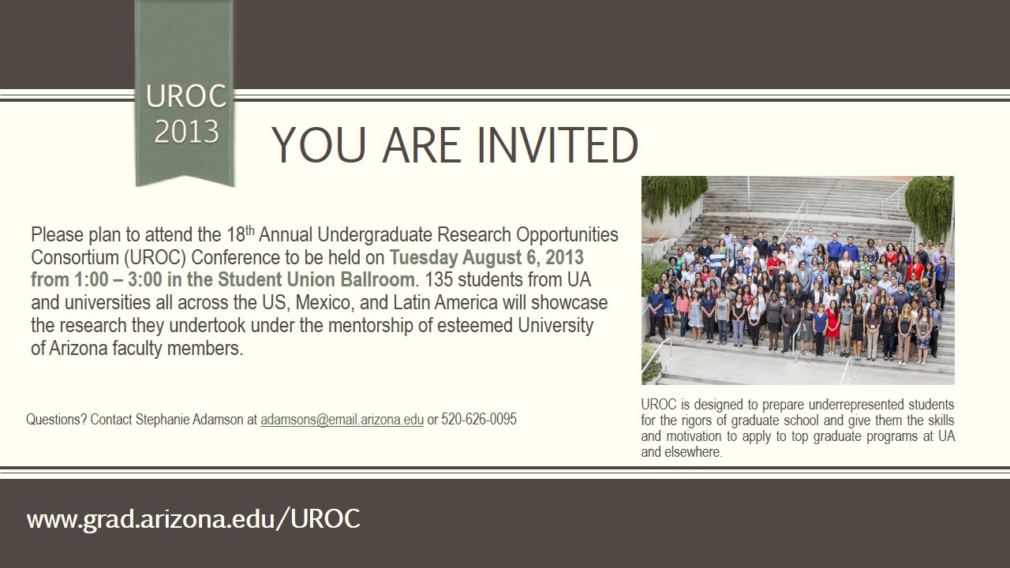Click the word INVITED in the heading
(x=557, y=145)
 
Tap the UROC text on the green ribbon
(x=185, y=96)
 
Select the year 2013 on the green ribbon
(x=186, y=132)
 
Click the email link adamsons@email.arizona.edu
(x=342, y=419)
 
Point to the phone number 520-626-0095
(x=479, y=419)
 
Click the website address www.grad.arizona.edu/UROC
(x=193, y=519)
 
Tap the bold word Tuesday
(x=424, y=257)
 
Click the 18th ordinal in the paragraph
(x=241, y=234)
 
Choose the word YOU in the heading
(x=318, y=145)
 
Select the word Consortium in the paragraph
(x=75, y=257)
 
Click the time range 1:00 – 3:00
(x=118, y=279)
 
